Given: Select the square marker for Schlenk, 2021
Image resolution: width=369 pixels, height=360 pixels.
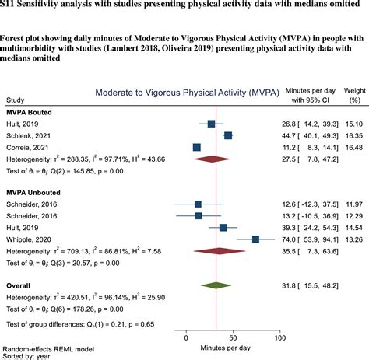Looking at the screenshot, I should click(x=228, y=135).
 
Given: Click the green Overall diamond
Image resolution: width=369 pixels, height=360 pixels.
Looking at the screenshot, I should click(x=216, y=286).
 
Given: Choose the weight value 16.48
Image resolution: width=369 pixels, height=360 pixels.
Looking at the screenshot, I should click(x=353, y=147).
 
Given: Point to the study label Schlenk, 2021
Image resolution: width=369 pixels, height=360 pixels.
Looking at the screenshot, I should click(x=29, y=135).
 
